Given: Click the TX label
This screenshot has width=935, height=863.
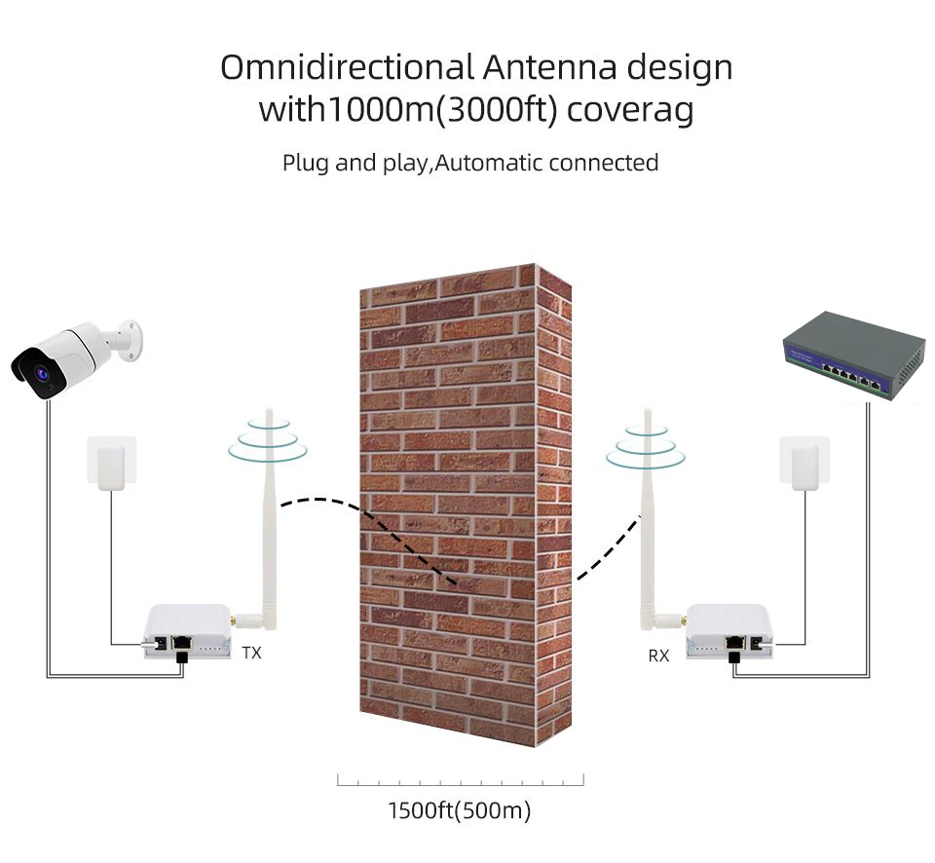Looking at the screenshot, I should pyautogui.click(x=251, y=654).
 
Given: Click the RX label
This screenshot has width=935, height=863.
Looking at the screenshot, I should pyautogui.click(x=658, y=656).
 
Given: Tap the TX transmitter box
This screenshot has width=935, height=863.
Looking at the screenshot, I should pyautogui.click(x=184, y=633).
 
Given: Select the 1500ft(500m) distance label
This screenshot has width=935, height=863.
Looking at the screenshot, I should pyautogui.click(x=460, y=810).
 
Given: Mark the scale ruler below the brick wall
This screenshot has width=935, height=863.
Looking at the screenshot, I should pyautogui.click(x=460, y=779).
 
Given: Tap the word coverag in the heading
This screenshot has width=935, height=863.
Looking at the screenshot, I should pyautogui.click(x=630, y=110).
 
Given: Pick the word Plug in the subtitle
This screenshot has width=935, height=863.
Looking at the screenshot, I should pyautogui.click(x=306, y=163).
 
